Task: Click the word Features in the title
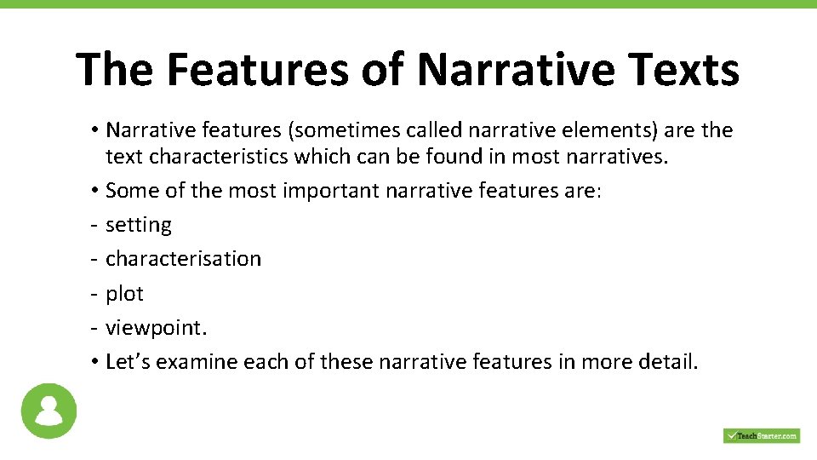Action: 256,69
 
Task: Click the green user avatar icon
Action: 49,411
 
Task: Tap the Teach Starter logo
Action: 761,435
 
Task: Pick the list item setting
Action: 139,225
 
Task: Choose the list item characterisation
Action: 183,258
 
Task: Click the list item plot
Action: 124,293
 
